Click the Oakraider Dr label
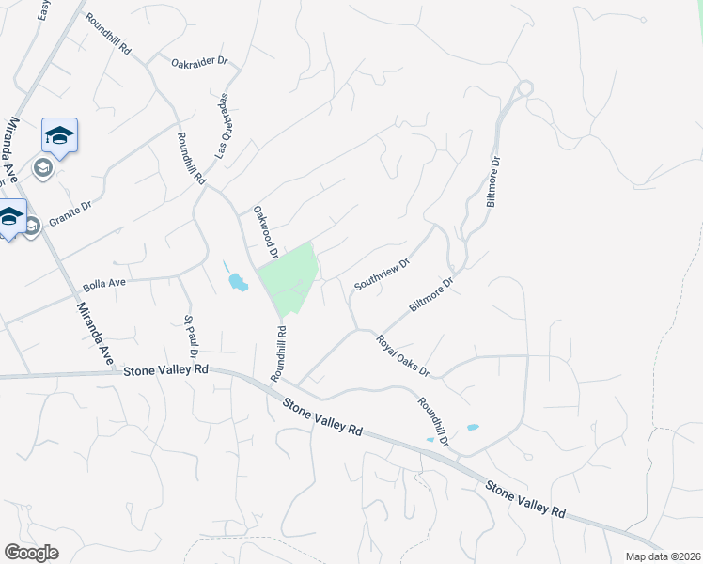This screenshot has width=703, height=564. (x=199, y=63)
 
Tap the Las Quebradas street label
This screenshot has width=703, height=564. (x=225, y=125)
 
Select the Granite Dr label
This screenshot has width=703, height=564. (x=74, y=215)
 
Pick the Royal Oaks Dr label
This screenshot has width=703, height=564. (x=403, y=356)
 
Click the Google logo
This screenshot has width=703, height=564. (x=31, y=553)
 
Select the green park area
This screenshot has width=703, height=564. (x=289, y=277)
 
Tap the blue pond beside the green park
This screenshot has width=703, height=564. (x=237, y=280)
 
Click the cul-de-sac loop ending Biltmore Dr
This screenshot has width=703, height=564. (x=523, y=88)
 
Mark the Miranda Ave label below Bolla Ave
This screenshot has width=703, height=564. (x=97, y=336)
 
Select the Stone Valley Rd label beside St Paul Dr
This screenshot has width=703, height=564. (x=165, y=370)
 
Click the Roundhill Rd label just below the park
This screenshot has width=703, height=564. (x=279, y=352)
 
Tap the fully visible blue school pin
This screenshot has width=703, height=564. (x=59, y=136)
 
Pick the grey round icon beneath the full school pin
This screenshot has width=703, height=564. (x=42, y=168)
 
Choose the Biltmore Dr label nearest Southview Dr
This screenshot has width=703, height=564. (x=432, y=294)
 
